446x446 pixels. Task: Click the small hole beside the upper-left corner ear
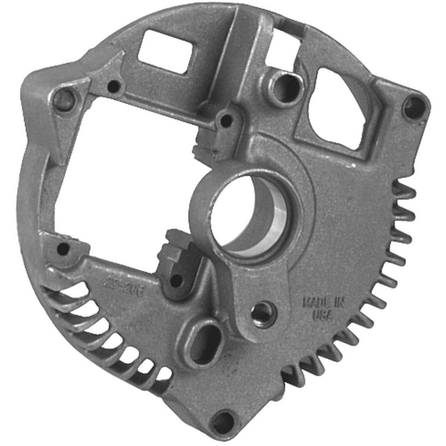click(x=114, y=87)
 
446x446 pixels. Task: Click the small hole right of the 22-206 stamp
click(x=177, y=280)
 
